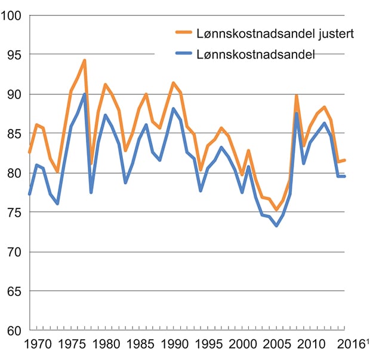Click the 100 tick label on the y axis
(x=13, y=15)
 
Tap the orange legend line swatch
(x=183, y=34)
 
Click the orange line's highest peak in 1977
(x=85, y=60)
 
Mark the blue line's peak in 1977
(x=85, y=94)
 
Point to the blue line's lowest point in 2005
(x=276, y=226)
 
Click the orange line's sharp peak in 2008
(x=297, y=96)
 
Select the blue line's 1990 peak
(x=174, y=109)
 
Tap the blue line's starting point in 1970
(x=30, y=194)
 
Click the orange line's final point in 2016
(x=345, y=160)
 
